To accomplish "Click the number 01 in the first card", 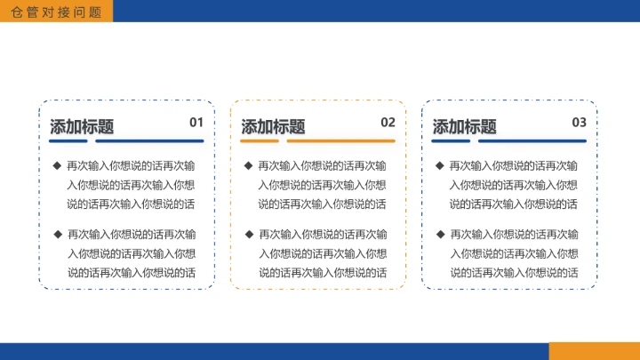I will [196, 123].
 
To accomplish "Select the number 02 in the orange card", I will [388, 123].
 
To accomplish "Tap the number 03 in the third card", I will [579, 123].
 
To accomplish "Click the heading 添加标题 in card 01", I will [82, 127].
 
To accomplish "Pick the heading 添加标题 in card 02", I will [273, 127].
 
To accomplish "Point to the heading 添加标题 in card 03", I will [464, 127].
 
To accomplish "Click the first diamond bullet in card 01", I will [57, 164].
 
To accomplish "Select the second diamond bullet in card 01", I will [57, 234].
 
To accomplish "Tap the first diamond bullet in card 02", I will [249, 164].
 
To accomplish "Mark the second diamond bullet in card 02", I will [249, 234].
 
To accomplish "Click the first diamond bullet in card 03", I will [440, 164].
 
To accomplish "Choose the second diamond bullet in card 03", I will [440, 234].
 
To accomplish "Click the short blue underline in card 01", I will [68, 140].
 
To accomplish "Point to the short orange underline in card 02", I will [260, 140].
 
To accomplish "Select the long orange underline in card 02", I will [340, 140].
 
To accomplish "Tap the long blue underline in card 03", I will [532, 140].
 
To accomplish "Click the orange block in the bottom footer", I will [594, 351].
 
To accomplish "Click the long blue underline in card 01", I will [149, 140].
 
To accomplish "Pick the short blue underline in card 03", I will [451, 140].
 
